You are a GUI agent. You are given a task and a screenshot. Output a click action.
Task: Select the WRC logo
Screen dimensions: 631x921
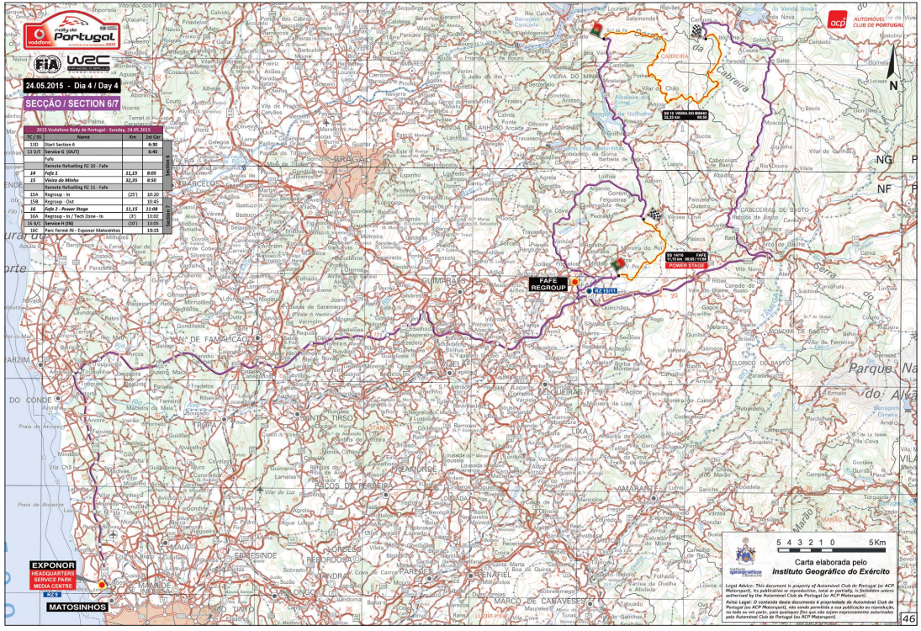(x=87, y=65)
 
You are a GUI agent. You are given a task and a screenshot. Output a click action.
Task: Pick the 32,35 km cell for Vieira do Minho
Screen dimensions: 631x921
(x=130, y=180)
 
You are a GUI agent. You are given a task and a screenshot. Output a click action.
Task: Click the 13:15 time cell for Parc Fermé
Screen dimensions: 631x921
(x=153, y=229)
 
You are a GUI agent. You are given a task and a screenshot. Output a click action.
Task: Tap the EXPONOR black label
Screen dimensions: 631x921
(x=54, y=565)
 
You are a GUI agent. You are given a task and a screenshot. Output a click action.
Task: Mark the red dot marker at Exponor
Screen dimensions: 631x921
(x=102, y=583)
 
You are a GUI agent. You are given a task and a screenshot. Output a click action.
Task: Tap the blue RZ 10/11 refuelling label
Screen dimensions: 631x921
(x=606, y=290)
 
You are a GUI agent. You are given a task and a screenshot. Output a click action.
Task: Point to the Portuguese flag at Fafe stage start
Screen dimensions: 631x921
(x=619, y=265)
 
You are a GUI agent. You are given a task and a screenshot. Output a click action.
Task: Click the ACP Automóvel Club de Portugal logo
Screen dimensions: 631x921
(x=866, y=21)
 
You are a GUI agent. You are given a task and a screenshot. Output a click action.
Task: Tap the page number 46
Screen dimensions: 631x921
(x=908, y=619)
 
